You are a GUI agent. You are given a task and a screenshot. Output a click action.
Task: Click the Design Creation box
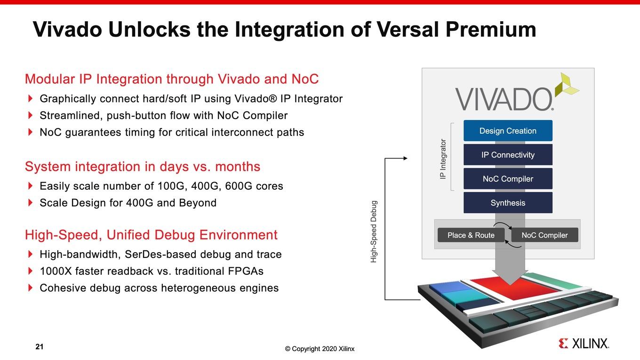click(x=508, y=130)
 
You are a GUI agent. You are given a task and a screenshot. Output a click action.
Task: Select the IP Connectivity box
click(x=508, y=154)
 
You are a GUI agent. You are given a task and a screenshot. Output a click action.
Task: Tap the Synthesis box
click(x=508, y=202)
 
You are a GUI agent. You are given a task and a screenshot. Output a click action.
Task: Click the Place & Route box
click(x=471, y=235)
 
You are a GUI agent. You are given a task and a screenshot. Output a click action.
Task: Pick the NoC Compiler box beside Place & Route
click(x=544, y=235)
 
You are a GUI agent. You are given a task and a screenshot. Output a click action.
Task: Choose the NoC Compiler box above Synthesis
click(x=508, y=178)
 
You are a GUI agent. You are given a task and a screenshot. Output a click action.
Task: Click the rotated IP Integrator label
click(x=442, y=159)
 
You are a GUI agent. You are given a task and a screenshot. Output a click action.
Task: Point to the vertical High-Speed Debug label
click(x=374, y=232)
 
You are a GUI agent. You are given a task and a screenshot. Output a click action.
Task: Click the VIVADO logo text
click(x=504, y=99)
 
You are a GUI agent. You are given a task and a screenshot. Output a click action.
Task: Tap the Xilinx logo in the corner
click(x=584, y=344)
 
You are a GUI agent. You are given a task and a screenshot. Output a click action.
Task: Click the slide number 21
click(x=40, y=346)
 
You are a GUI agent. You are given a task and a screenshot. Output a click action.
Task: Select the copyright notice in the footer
click(x=320, y=349)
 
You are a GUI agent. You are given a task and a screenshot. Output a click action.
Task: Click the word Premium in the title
click(x=490, y=29)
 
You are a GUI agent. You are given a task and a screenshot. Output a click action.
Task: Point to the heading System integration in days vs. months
click(x=143, y=166)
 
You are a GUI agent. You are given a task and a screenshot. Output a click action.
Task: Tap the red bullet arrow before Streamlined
click(x=30, y=115)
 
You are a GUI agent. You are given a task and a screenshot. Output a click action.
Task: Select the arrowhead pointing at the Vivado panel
click(x=405, y=158)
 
